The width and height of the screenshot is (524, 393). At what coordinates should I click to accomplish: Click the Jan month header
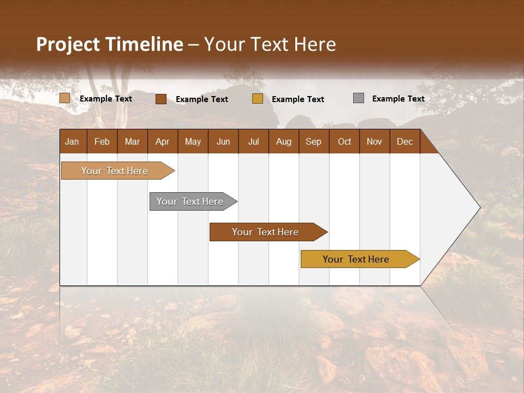72,141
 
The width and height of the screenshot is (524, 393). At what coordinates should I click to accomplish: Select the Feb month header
102,141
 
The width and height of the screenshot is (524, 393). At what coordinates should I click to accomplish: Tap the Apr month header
162,141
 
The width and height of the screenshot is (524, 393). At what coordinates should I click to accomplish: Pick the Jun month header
223,141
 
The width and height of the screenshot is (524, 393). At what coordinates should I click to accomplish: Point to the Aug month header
283,141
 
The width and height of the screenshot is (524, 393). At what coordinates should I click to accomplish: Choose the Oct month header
344,141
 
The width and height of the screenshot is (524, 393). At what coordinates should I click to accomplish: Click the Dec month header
404,141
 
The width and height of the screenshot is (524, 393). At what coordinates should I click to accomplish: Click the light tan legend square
64,98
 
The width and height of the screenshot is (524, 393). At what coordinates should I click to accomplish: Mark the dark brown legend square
160,99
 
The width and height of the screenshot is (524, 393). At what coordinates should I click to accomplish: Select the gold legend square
258,99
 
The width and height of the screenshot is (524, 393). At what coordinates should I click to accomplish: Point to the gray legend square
359,98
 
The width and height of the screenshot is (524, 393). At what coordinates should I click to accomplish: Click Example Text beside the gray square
398,99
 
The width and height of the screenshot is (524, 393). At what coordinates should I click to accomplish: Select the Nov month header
374,141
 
